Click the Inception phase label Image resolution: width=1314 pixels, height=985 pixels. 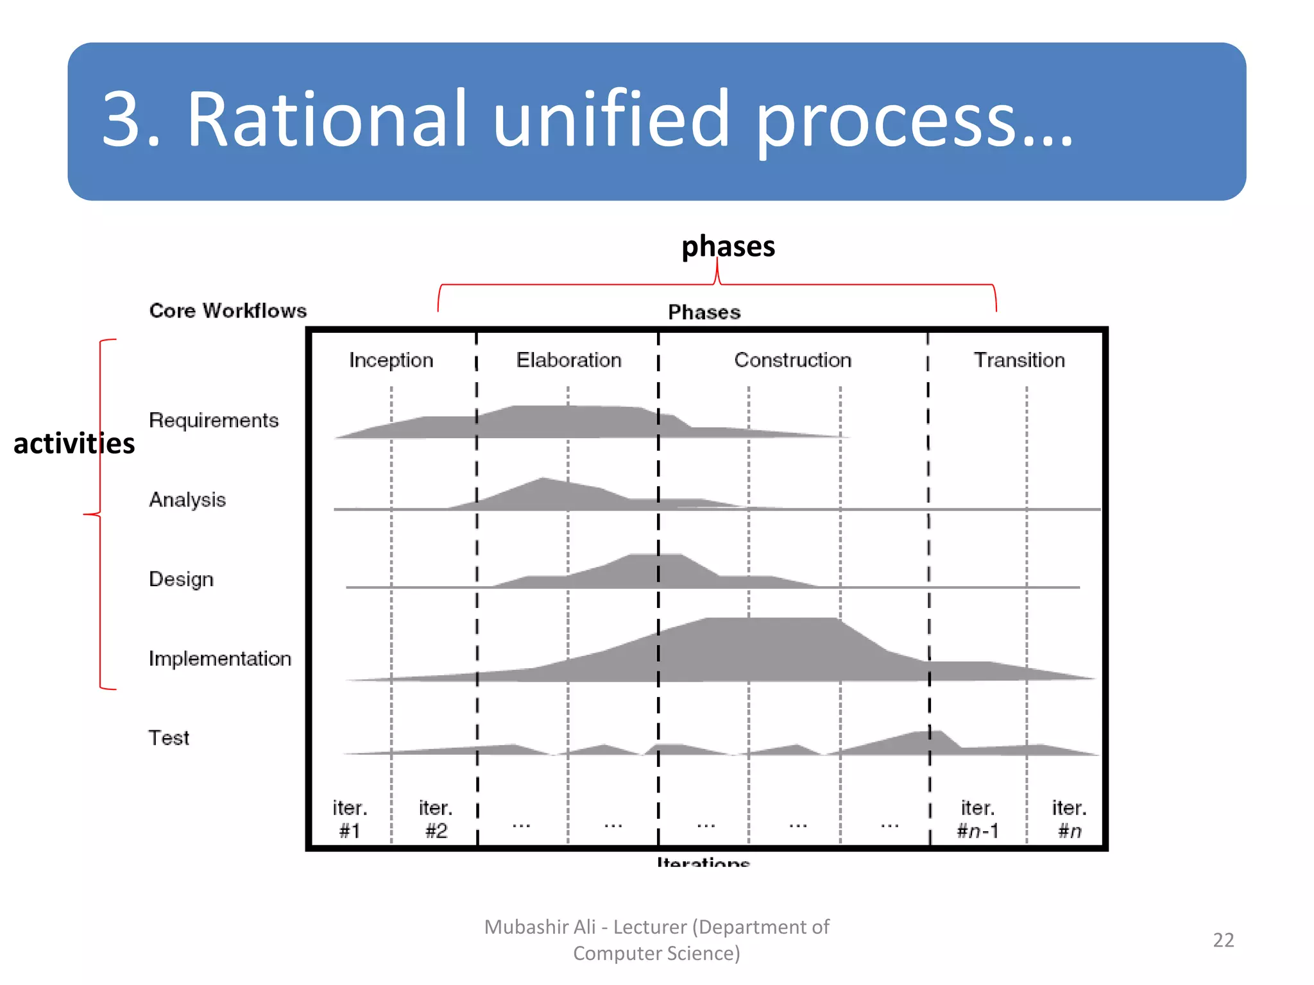pyautogui.click(x=391, y=360)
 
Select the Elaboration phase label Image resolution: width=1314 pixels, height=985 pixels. pyautogui.click(x=568, y=360)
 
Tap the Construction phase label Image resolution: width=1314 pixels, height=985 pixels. pyautogui.click(x=792, y=360)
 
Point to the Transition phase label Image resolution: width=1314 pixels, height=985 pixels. pyautogui.click(x=1019, y=360)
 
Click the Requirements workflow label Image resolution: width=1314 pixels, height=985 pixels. pyautogui.click(x=214, y=421)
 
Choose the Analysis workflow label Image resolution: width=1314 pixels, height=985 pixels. pyautogui.click(x=187, y=500)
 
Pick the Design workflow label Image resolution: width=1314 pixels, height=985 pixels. pyautogui.click(x=181, y=579)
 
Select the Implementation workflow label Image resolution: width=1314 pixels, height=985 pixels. pyautogui.click(x=219, y=659)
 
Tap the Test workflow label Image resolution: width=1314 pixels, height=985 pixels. pyautogui.click(x=169, y=738)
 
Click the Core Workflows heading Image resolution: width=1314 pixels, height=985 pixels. pyautogui.click(x=228, y=311)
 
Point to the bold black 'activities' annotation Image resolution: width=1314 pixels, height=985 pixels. pyautogui.click(x=74, y=444)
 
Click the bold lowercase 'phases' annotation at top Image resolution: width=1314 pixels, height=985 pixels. pyautogui.click(x=728, y=247)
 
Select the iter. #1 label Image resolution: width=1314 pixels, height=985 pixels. pyautogui.click(x=350, y=819)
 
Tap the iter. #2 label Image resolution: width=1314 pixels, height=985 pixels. pyautogui.click(x=436, y=819)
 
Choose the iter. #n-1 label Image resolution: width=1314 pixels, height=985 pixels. pyautogui.click(x=978, y=819)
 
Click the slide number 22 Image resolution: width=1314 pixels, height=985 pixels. pyautogui.click(x=1224, y=940)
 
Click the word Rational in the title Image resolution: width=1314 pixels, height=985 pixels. pyautogui.click(x=327, y=120)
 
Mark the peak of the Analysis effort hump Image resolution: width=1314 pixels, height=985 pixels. pyautogui.click(x=543, y=479)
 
